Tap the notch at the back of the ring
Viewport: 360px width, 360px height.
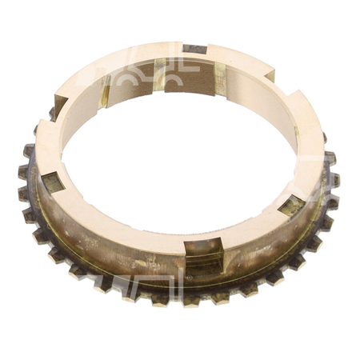[194, 50]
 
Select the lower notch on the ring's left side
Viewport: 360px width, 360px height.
[52, 182]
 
